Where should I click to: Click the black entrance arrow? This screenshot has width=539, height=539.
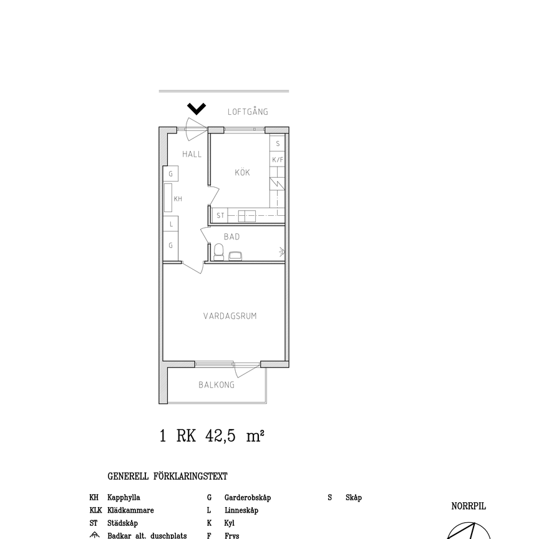pos(197,109)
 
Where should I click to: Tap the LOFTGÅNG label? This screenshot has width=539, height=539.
pos(248,112)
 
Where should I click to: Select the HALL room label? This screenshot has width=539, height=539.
pos(192,154)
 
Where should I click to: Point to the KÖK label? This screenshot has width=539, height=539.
pos(243,173)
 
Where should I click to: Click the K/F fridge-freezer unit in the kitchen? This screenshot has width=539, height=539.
pos(278,160)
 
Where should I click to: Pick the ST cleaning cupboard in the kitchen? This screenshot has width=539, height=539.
pos(220,216)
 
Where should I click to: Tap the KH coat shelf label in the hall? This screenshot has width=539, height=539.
pos(178,199)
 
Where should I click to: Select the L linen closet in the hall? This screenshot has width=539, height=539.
pos(171,224)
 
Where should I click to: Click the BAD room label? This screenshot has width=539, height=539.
pos(231,237)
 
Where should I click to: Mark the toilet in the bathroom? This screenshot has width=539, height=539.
pos(218,252)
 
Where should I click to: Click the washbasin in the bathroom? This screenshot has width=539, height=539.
pos(236,255)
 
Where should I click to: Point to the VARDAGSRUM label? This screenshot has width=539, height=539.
pos(230,316)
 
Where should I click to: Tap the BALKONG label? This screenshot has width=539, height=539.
pos(216,385)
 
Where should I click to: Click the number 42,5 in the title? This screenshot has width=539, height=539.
pos(221,436)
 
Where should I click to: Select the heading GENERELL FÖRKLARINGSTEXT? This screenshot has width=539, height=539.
pos(167,477)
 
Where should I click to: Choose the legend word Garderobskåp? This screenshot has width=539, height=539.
pos(248,498)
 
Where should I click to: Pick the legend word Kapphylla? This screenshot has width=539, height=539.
pos(124,498)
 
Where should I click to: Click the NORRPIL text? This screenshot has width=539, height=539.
pos(469,507)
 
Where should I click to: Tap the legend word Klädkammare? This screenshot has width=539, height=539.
pos(130,510)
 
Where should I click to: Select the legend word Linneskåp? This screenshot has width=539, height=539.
pos(241,510)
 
